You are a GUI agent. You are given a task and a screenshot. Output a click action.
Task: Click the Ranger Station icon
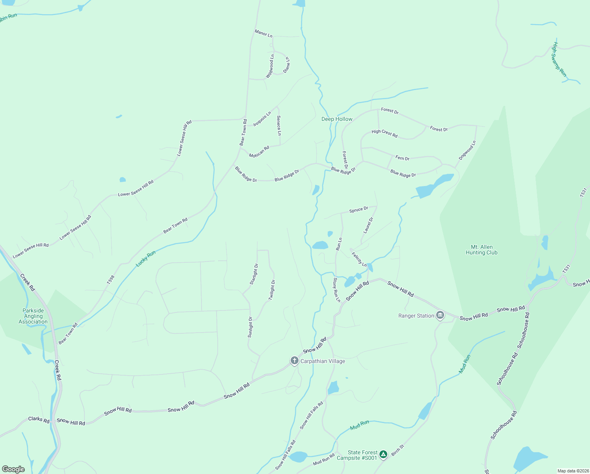(440, 315)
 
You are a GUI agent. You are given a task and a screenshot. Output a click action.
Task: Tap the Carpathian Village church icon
(294, 361)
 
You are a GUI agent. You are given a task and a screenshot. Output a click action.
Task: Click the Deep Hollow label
(337, 119)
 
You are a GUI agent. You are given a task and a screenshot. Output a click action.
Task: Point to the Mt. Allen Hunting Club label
(482, 250)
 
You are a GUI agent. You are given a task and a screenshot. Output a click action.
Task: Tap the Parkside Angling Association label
(33, 316)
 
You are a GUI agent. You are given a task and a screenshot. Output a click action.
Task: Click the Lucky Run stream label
(146, 259)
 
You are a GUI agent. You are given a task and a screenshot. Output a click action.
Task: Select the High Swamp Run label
(559, 60)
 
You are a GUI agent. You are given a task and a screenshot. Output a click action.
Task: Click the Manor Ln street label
(263, 34)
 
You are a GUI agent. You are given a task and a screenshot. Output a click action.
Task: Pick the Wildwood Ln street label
(270, 66)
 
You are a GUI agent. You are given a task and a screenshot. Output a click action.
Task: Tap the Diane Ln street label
(287, 65)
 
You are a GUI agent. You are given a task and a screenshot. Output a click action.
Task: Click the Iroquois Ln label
(262, 119)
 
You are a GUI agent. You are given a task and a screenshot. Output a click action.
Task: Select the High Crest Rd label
(385, 134)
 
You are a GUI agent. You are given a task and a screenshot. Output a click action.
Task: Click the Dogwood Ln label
(467, 150)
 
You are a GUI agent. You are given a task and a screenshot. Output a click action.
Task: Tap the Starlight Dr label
(254, 274)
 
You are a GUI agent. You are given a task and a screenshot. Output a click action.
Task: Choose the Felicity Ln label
(359, 260)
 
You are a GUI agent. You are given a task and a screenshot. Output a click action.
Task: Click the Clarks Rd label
(39, 419)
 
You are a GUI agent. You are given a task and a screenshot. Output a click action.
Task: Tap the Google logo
(13, 469)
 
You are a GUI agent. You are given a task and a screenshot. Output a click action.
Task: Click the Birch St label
(398, 450)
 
